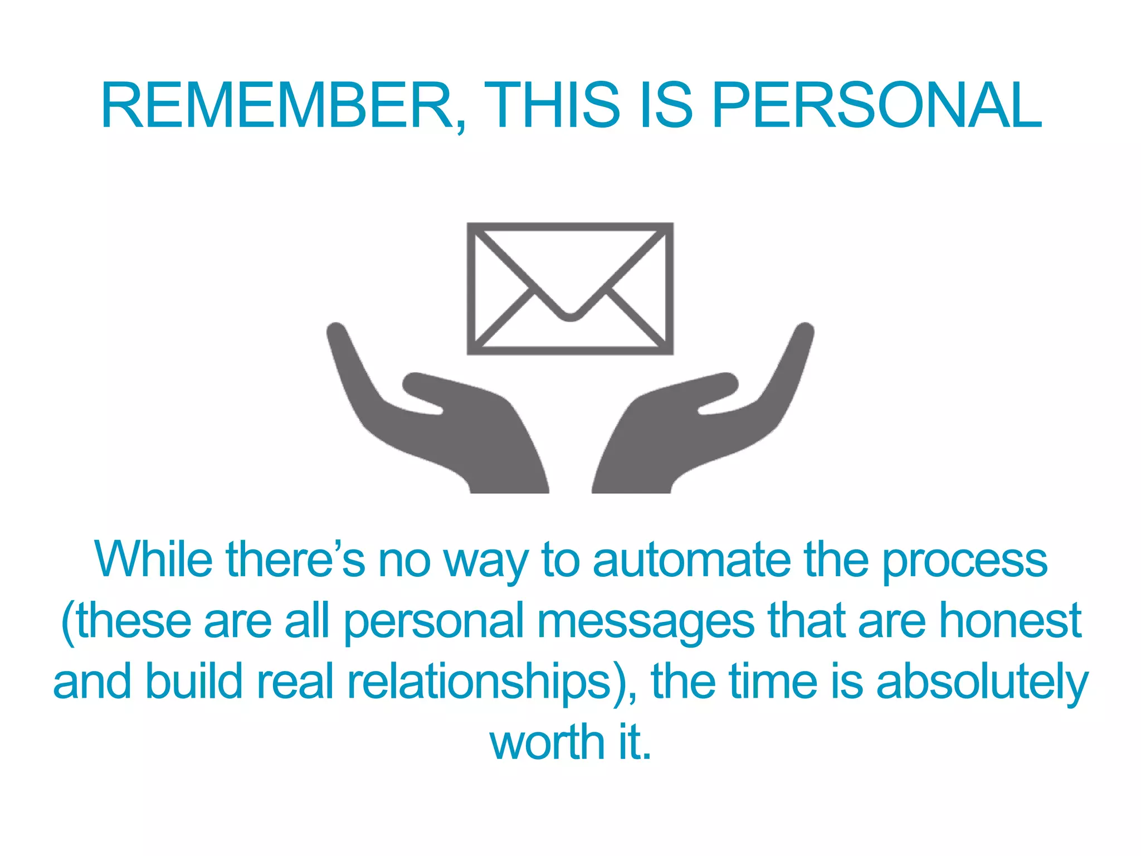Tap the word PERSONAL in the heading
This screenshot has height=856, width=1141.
[877, 106]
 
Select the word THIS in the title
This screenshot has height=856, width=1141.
[552, 106]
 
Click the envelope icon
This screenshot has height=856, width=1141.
[570, 289]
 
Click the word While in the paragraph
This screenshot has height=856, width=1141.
[153, 560]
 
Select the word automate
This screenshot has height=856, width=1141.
[691, 560]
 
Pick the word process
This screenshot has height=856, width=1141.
[965, 561]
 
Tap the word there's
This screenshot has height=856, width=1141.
[295, 560]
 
